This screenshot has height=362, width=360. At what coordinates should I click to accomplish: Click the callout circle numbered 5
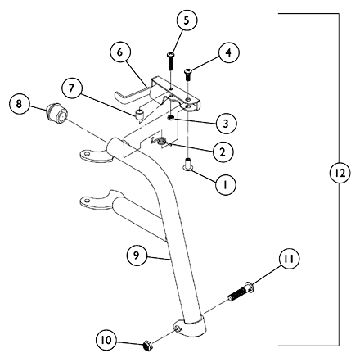click(187, 20)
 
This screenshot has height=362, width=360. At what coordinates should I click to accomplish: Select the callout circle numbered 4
click(228, 52)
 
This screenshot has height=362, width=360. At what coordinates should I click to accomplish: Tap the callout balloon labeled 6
click(120, 52)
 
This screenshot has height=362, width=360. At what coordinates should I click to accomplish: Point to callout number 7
click(71, 88)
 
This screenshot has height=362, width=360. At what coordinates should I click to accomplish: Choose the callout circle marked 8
click(19, 104)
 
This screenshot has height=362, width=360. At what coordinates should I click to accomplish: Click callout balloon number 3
click(226, 124)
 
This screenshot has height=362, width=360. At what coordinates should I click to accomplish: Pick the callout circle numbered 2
click(223, 152)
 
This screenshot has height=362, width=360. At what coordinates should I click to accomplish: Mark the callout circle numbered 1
click(225, 185)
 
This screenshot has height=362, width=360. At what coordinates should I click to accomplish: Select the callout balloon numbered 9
click(137, 255)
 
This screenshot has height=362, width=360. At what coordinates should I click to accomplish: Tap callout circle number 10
click(106, 340)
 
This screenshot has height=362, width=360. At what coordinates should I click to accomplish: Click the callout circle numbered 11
click(289, 258)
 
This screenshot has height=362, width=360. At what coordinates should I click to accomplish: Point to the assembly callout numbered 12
click(340, 173)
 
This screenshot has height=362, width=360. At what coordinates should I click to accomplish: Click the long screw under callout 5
click(170, 61)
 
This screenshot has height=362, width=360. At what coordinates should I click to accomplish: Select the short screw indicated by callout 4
click(188, 75)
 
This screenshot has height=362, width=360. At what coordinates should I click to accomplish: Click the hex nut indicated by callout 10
click(147, 346)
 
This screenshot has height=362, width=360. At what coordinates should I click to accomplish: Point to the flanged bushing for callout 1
click(187, 165)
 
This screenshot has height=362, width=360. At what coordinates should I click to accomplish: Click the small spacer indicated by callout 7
click(140, 115)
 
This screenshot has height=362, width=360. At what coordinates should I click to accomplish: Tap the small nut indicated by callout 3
click(171, 118)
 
